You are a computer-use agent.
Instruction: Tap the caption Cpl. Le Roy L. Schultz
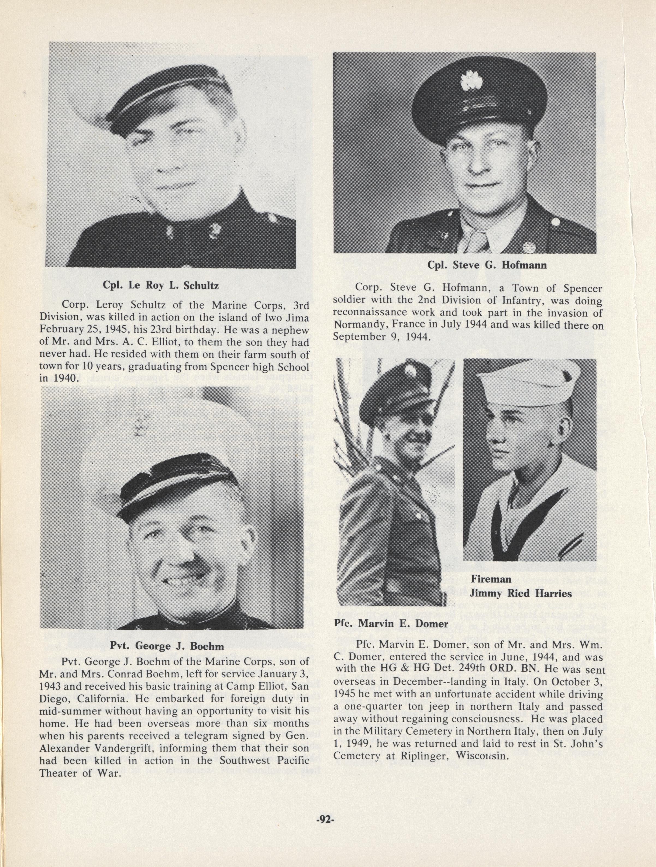[161, 285]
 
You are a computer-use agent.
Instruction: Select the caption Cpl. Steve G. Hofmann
[487, 265]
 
